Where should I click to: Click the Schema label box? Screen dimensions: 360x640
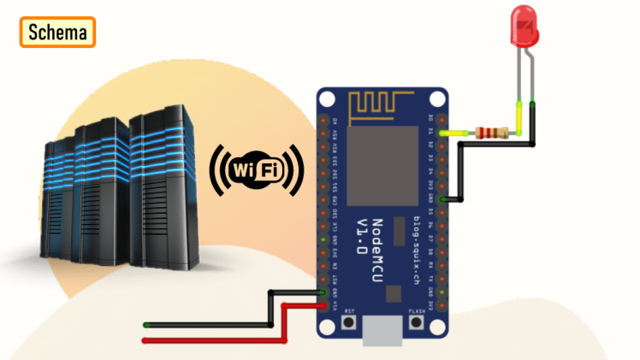pyautogui.click(x=57, y=32)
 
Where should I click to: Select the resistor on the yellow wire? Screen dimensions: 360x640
pyautogui.click(x=490, y=133)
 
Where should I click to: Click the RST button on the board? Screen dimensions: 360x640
pyautogui.click(x=349, y=322)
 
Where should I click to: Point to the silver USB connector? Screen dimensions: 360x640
pyautogui.click(x=382, y=333)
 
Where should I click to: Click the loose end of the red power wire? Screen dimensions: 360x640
pyautogui.click(x=146, y=340)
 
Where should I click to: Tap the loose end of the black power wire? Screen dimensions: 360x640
pyautogui.click(x=146, y=325)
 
